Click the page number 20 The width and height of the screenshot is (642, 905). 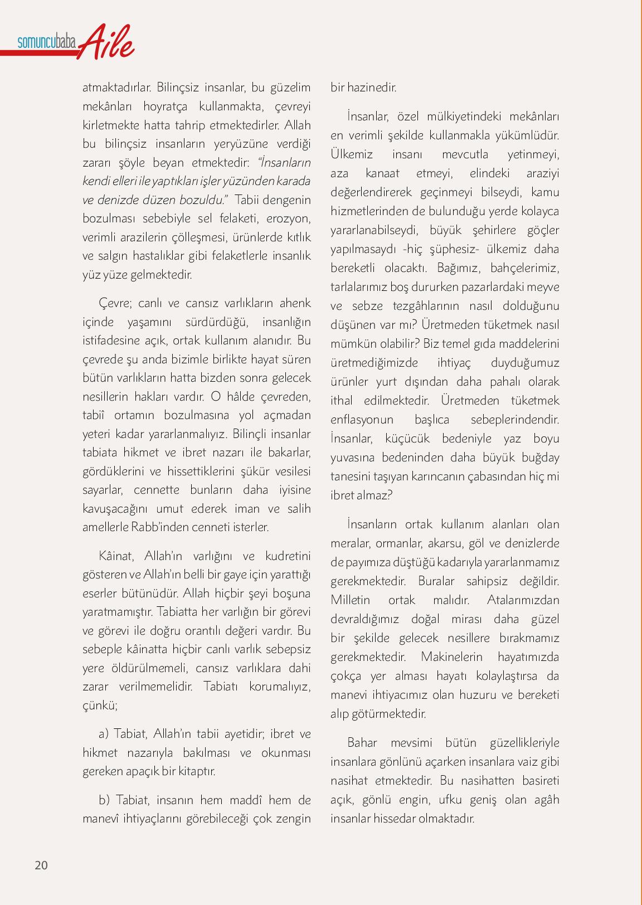pos(41,865)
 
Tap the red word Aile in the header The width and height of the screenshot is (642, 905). pos(108,42)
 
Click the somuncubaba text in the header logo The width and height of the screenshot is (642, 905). pos(46,42)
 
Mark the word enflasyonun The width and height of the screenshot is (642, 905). pos(362,420)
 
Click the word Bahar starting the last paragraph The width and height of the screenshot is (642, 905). pos(362,743)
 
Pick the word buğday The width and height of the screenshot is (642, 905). pos(541,458)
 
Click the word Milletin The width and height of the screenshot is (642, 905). pos(350,600)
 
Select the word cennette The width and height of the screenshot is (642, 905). pos(157,490)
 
